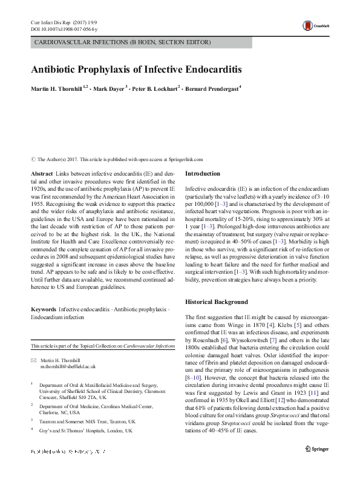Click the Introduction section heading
tap(202, 174)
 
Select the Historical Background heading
tap(216, 302)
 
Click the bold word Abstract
tap(42, 174)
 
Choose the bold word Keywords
tap(44, 309)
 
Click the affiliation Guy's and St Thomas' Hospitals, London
tap(86, 430)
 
